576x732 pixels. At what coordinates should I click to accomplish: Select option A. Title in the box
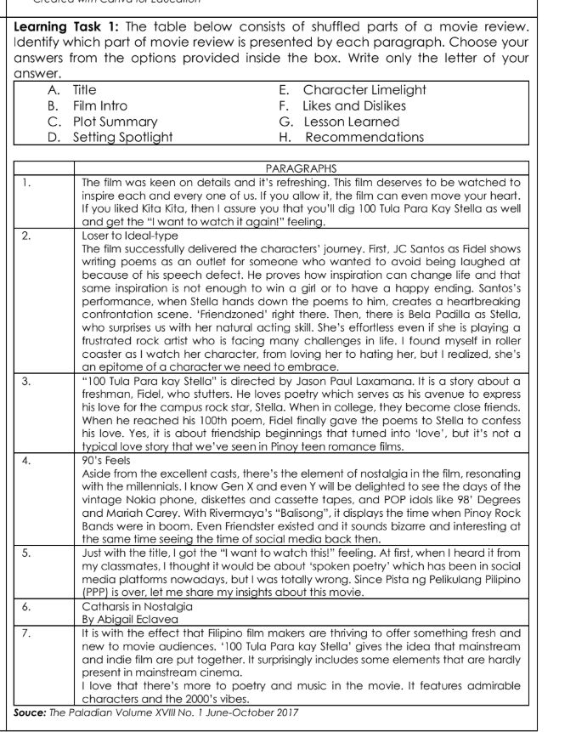point(85,88)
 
